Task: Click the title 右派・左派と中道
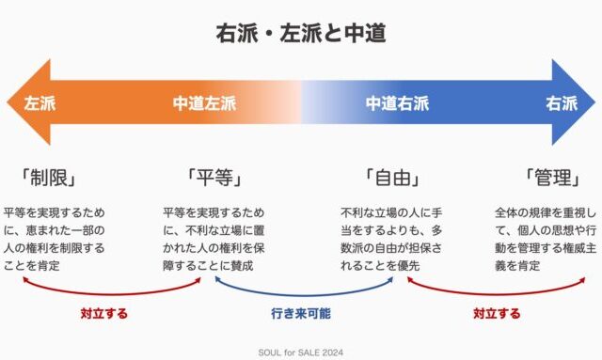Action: click(x=301, y=33)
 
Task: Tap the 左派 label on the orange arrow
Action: click(x=40, y=103)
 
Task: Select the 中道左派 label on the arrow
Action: click(x=204, y=103)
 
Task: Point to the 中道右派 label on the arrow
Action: click(x=397, y=103)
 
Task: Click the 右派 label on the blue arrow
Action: click(x=562, y=103)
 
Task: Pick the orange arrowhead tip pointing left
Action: click(x=8, y=102)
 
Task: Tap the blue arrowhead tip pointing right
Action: click(x=595, y=102)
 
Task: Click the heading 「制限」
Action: click(x=48, y=178)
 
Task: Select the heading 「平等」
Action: click(x=214, y=178)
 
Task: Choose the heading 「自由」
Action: click(x=391, y=178)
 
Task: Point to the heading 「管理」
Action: click(x=552, y=178)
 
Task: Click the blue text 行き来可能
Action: click(x=301, y=314)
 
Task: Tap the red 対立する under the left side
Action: click(x=104, y=314)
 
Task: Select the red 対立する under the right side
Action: click(x=497, y=314)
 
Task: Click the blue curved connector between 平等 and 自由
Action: click(x=303, y=295)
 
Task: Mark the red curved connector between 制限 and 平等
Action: click(x=111, y=294)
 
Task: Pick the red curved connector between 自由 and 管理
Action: click(x=496, y=294)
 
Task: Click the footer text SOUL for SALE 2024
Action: click(x=301, y=352)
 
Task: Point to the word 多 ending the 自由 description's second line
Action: click(x=436, y=230)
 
